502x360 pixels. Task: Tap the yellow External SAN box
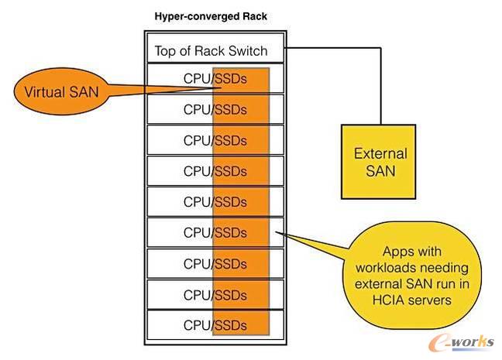coord(380,161)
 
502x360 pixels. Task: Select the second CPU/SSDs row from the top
coord(215,109)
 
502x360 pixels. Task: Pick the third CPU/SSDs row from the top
coord(215,140)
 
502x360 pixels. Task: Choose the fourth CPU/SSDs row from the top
coord(215,171)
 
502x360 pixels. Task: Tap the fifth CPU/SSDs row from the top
coord(215,202)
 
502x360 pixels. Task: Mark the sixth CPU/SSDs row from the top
coord(215,233)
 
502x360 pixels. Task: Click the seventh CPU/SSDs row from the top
coord(215,264)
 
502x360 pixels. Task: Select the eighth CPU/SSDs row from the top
coord(215,295)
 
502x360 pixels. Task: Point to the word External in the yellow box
coord(380,153)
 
